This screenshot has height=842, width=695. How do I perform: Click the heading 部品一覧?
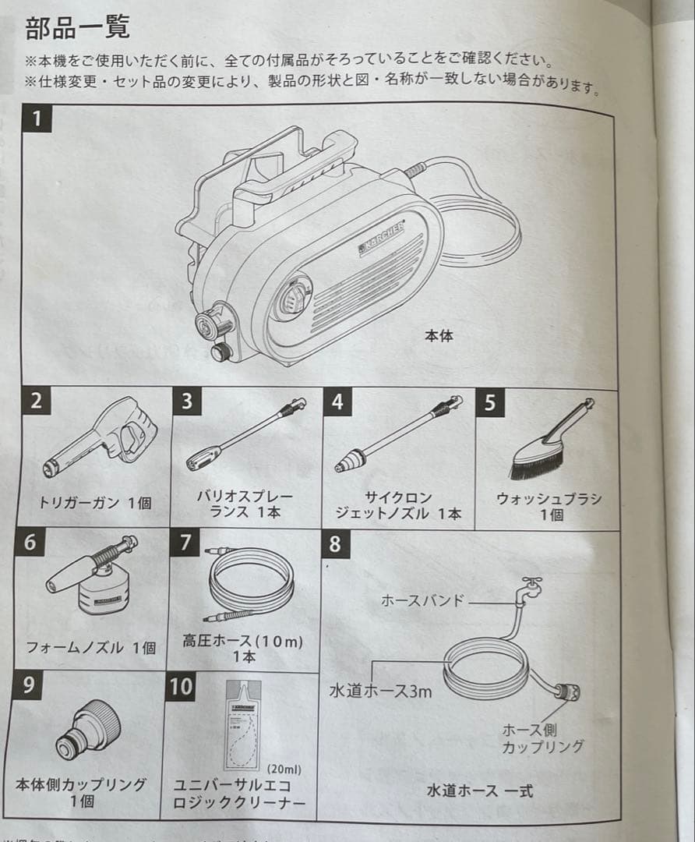coord(77,28)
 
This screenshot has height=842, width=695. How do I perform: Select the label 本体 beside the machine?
coord(439,336)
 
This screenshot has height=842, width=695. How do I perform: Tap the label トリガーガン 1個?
coord(95,503)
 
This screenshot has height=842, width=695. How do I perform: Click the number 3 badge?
coord(186,403)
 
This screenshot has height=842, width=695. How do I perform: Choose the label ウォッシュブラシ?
coord(549,499)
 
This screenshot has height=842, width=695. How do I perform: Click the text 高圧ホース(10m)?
coord(242,641)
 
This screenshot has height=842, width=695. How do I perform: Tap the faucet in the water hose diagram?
coord(531,586)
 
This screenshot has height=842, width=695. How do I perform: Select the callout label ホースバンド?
coord(422,600)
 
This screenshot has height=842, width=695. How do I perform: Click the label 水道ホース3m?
coord(380,690)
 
